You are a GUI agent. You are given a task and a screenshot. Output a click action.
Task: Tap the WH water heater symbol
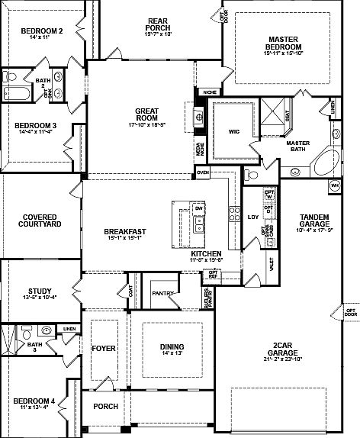pos(334,185)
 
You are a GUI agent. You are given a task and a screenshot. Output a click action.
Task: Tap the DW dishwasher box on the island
pos(198,208)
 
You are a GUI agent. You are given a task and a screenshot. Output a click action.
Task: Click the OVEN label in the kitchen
pos(202,173)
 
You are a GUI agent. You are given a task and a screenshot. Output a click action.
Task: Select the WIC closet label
pos(235,130)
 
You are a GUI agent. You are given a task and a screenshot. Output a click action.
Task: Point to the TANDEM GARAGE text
pos(313,221)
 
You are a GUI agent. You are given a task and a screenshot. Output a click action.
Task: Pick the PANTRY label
pos(162,293)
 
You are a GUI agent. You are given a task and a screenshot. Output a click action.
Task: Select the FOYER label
pos(103,349)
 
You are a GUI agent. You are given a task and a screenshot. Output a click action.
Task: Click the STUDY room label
pos(39,291)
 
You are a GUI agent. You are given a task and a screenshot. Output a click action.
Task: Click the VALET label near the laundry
pos(272,263)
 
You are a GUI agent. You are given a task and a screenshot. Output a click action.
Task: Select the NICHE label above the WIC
pos(209,92)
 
